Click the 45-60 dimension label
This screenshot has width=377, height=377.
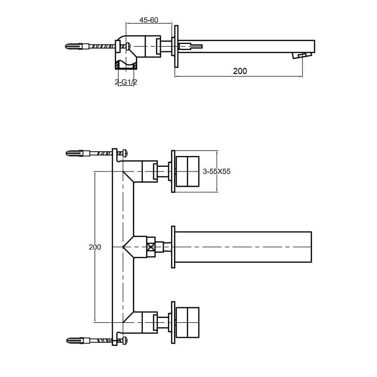[x=149, y=20]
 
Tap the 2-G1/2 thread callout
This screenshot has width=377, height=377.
[x=126, y=82]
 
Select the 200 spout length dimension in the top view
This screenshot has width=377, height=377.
[x=240, y=71]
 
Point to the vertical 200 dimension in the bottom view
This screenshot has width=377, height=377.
[x=95, y=247]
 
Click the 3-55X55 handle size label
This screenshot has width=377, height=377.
[x=217, y=172]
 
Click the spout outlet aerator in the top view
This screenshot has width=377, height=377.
[x=302, y=55]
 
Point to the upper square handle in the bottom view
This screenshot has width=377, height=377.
[x=188, y=172]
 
